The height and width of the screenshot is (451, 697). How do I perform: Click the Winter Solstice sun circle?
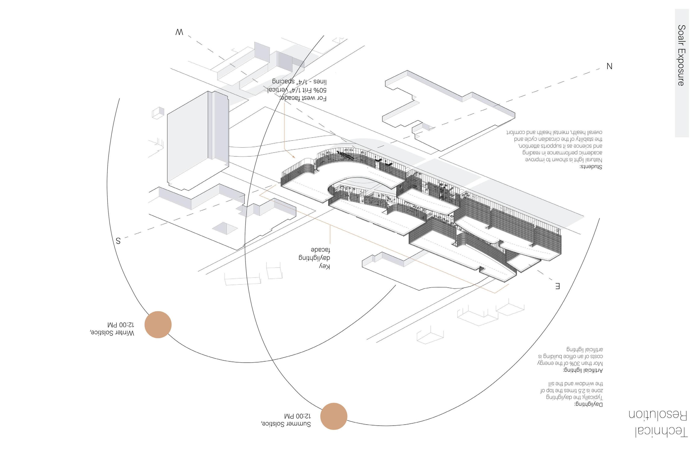click(x=158, y=324)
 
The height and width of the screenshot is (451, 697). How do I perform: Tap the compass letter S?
click(x=118, y=241)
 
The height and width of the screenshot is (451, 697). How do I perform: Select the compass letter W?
click(x=179, y=32)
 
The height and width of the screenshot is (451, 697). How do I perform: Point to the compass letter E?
click(x=558, y=286)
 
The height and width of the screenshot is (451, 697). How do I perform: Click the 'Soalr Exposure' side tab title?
click(x=682, y=55)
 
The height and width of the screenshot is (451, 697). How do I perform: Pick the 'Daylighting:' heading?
click(x=589, y=405)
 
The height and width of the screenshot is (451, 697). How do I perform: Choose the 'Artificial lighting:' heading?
click(x=583, y=370)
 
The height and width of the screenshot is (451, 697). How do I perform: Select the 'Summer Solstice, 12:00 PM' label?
click(x=286, y=420)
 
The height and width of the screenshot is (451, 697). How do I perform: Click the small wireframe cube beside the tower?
click(x=158, y=113)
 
